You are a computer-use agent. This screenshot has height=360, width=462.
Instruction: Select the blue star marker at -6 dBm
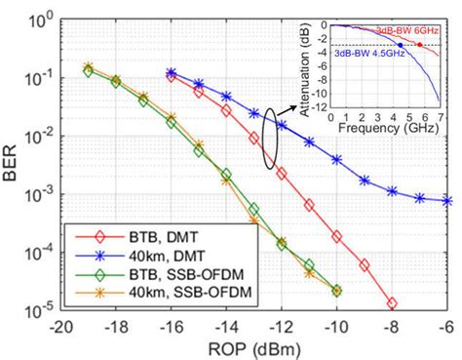pyautogui.click(x=446, y=201)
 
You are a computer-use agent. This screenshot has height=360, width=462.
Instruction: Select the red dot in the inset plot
pyautogui.click(x=420, y=45)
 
